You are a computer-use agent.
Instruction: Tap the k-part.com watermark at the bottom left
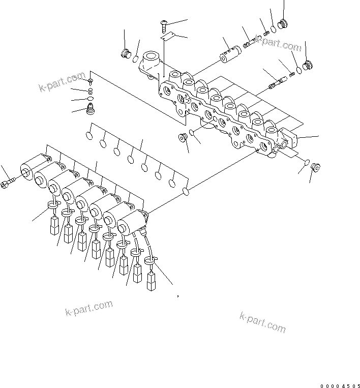[x=88, y=308]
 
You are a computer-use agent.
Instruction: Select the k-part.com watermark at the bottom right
[x=262, y=321]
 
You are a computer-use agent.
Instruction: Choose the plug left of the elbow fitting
[x=125, y=53]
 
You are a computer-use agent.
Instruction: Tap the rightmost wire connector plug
[x=152, y=281]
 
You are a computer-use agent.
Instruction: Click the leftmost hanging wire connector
[x=53, y=225]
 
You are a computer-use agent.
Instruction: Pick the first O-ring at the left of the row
[x=89, y=136]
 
